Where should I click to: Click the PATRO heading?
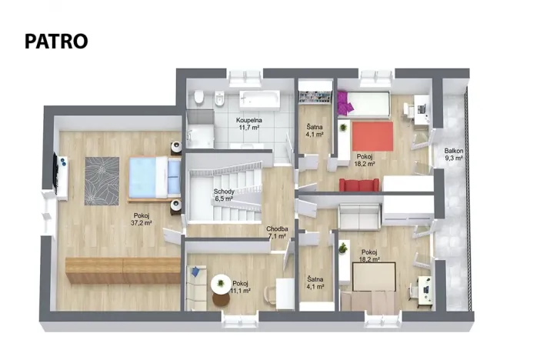coord(56,41)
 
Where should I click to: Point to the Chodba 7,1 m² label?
coord(276,232)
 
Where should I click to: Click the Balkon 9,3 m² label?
coord(453,155)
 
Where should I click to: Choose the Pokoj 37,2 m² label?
coord(142,219)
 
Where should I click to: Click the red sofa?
coord(359,184)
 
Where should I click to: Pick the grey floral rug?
coord(102,180)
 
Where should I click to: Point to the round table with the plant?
coord(224,282)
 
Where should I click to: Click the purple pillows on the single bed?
coord(343,100)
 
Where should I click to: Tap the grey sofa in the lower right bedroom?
coord(358,216)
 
